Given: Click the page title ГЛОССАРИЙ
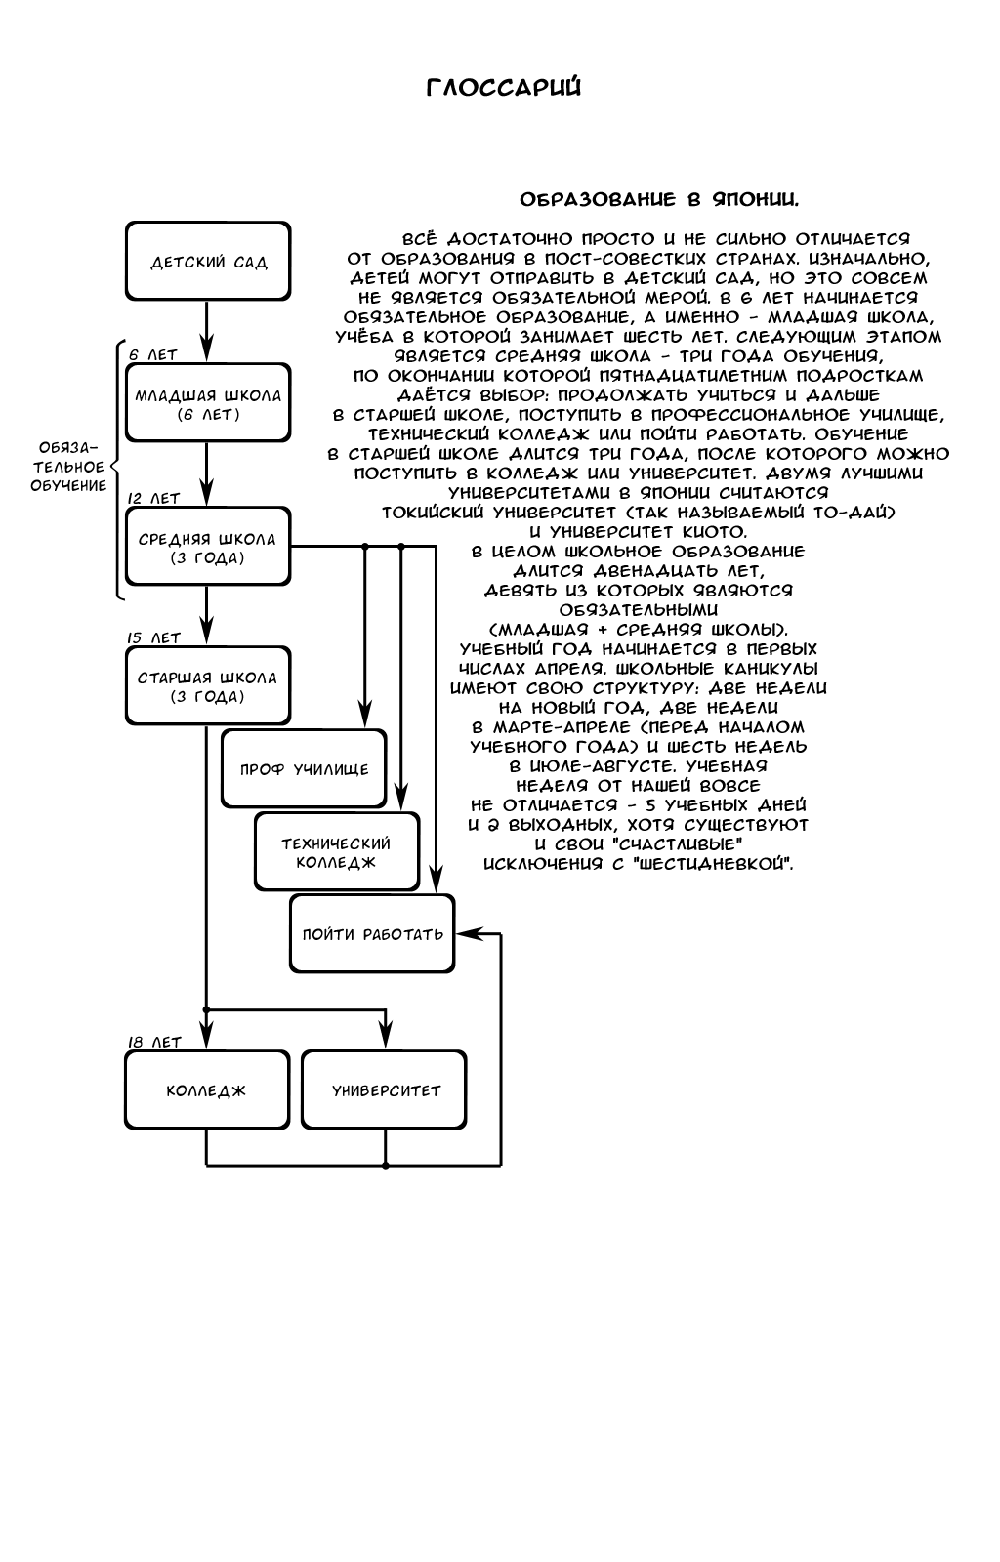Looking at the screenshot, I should pyautogui.click(x=504, y=88).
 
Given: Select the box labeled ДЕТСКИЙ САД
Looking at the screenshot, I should pyautogui.click(x=208, y=262).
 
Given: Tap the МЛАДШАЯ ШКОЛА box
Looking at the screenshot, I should pyautogui.click(x=208, y=404).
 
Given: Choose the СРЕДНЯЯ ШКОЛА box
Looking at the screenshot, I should pyautogui.click(x=208, y=547).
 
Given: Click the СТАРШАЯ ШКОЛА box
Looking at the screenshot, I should pyautogui.click(x=208, y=686).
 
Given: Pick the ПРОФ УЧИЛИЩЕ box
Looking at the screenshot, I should pyautogui.click(x=304, y=769).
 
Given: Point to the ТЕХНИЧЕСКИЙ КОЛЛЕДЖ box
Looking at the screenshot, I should pyautogui.click(x=336, y=852).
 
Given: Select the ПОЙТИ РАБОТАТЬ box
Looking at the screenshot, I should pyautogui.click(x=372, y=934).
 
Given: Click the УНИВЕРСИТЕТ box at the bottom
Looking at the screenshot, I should pyautogui.click(x=385, y=1090).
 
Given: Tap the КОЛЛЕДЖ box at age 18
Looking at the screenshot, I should pyautogui.click(x=207, y=1090).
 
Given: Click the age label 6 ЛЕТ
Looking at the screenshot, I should pyautogui.click(x=153, y=355).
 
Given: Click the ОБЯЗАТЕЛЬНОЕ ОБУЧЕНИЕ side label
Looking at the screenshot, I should pyautogui.click(x=68, y=466).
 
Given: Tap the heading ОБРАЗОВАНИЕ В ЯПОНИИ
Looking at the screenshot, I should pyautogui.click(x=659, y=200).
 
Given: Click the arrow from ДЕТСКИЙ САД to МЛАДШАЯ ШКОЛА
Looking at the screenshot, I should pyautogui.click(x=207, y=332).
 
